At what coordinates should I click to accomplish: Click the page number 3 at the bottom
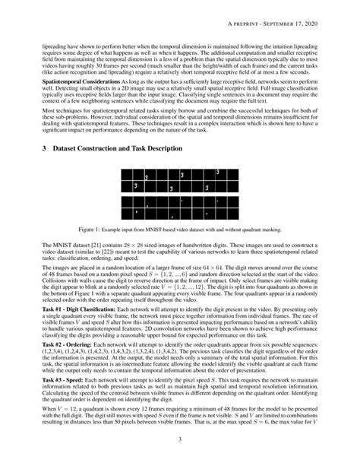[x=180, y=439]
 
